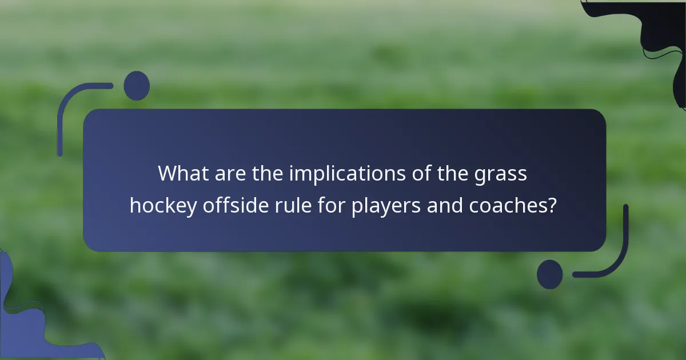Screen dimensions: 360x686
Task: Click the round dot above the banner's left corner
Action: coord(137,86)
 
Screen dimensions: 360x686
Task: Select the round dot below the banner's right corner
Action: coord(549,274)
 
